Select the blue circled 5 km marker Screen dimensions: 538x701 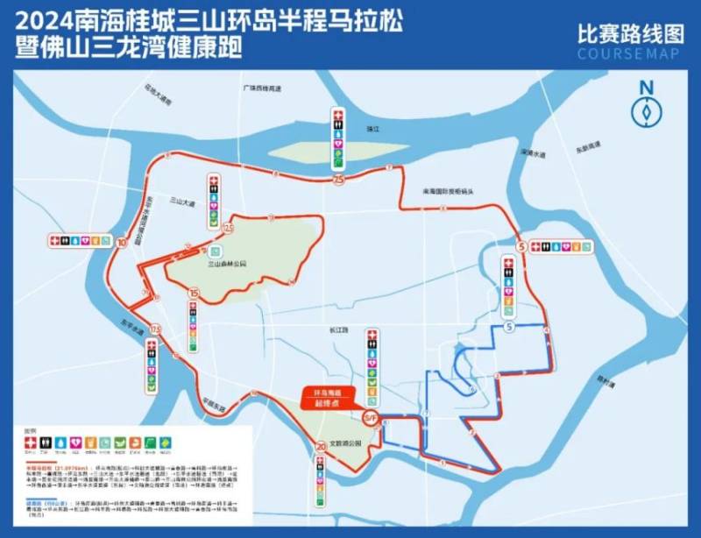click(x=509, y=326)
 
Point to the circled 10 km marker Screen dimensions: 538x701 click(x=121, y=243)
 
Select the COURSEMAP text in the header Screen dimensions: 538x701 click(x=630, y=54)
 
